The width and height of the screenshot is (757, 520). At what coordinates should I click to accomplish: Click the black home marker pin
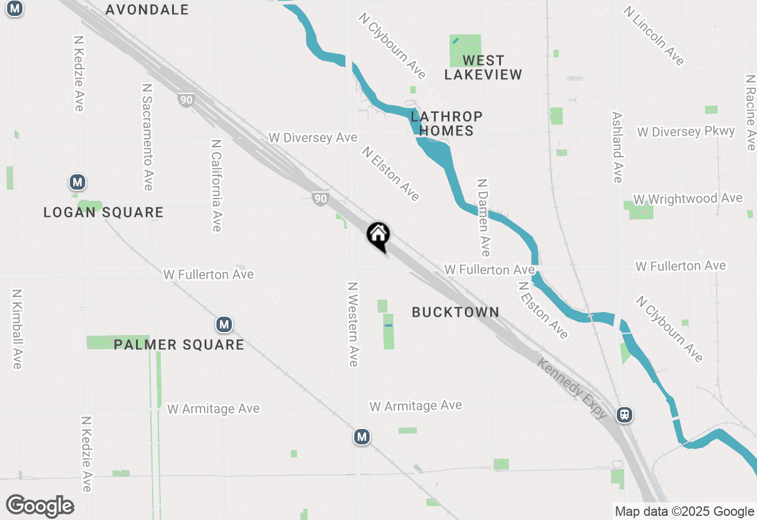pos(378,236)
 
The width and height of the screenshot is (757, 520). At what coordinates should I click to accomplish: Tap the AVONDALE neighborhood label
pos(147,9)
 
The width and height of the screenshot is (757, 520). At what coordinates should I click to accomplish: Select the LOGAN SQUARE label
pos(103,212)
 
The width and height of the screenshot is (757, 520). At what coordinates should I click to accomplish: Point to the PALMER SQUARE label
pos(179,344)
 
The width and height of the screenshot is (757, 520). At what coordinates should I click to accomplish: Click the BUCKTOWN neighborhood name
pos(455,312)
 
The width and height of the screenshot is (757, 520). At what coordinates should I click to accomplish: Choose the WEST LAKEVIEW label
pos(483,67)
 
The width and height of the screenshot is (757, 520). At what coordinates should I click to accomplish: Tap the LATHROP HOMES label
pos(447,123)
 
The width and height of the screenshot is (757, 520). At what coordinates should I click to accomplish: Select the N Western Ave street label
pos(353,323)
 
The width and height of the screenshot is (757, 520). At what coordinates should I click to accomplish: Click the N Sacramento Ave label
pos(147,136)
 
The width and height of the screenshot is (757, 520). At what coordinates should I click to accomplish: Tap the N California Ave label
pos(216,185)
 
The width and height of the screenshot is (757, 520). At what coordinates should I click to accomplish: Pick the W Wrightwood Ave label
pos(687,199)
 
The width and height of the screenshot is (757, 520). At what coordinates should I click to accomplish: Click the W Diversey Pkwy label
pos(686,131)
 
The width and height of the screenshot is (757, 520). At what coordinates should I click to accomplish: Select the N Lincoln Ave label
pos(654,35)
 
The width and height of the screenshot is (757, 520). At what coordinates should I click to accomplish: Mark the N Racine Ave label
pos(750,112)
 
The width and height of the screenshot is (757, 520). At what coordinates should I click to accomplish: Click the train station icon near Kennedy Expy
pos(624,415)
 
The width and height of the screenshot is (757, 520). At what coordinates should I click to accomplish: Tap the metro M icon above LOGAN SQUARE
pos(76,182)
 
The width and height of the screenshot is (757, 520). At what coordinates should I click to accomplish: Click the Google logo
pos(40,506)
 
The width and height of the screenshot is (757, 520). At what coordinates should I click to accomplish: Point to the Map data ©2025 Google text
pos(684,512)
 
